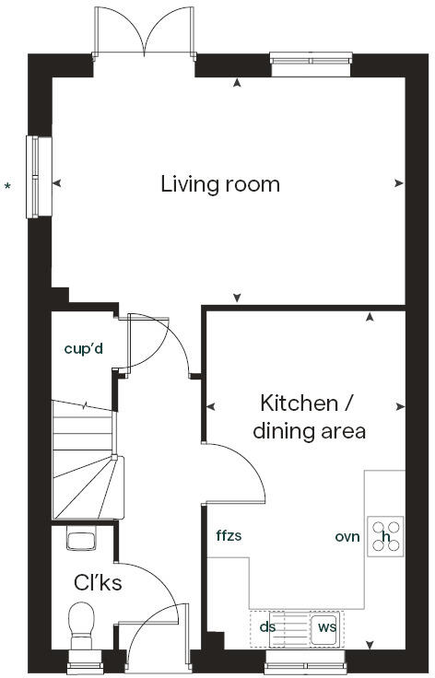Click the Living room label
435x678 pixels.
(220, 184)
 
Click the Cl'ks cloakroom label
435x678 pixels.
(98, 582)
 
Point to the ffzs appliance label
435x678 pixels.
(229, 536)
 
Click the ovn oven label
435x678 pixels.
(347, 536)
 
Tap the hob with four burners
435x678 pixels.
(386, 536)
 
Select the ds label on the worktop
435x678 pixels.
(267, 626)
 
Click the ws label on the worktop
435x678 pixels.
(325, 626)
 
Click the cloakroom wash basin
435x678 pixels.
(80, 541)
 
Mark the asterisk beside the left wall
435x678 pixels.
(8, 188)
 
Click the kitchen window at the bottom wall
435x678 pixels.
(305, 659)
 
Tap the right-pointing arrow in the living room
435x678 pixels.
(398, 183)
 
